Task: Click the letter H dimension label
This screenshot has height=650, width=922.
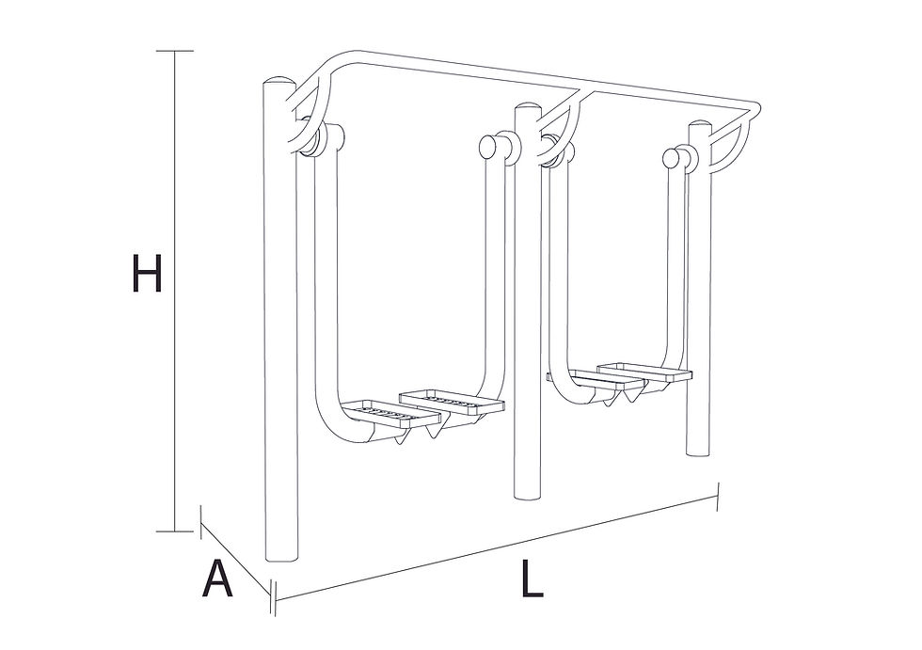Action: (147, 273)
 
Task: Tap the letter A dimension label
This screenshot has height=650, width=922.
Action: (217, 579)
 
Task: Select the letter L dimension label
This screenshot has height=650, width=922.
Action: (532, 579)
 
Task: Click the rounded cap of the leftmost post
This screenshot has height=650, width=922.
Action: (278, 81)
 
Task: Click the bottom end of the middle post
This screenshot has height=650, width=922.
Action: (528, 495)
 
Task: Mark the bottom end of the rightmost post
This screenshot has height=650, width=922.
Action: (699, 452)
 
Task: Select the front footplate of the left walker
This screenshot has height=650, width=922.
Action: (390, 414)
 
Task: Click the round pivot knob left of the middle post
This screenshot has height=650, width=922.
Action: (489, 147)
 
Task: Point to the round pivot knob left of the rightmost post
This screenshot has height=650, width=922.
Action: (671, 157)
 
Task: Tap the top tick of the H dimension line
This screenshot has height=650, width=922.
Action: (175, 51)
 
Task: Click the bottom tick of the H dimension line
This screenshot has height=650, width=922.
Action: (175, 531)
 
